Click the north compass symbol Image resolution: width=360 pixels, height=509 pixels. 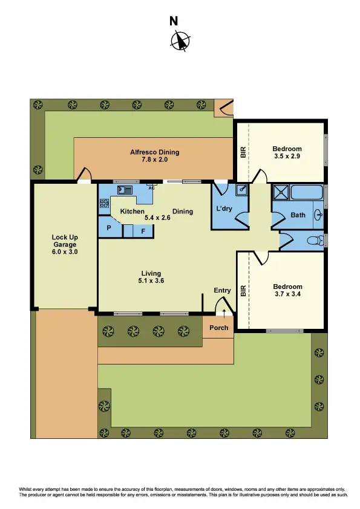[x=180, y=41]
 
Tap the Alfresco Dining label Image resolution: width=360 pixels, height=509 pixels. [x=155, y=152]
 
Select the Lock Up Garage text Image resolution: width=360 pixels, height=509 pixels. [x=65, y=244]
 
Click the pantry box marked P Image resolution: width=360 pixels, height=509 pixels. [x=110, y=229]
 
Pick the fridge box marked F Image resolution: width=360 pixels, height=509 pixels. [x=143, y=231]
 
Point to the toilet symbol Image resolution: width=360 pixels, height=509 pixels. [x=314, y=241]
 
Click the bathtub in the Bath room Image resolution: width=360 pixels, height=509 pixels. [x=307, y=193]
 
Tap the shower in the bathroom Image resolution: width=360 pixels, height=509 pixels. [x=281, y=193]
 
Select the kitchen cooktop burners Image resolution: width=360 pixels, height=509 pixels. [x=103, y=204]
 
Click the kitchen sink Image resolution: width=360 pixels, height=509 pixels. [x=125, y=189]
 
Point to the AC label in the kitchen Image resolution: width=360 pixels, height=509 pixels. [x=152, y=188]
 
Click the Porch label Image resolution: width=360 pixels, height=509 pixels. [x=218, y=328]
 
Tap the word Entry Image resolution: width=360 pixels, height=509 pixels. [x=222, y=290]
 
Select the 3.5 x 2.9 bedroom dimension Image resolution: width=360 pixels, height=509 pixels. [x=287, y=157]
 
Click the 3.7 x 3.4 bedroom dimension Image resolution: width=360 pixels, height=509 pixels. [x=287, y=294]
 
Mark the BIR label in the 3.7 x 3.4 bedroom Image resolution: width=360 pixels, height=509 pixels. [x=243, y=291]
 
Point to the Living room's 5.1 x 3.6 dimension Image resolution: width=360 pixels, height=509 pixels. [x=151, y=280]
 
